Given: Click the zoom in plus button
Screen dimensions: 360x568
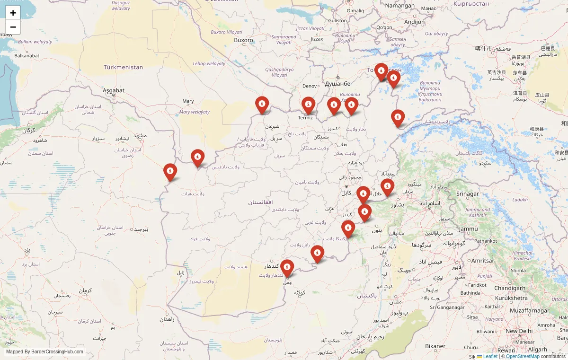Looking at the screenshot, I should pos(13,13).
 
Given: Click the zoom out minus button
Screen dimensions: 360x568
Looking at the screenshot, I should pos(13,27).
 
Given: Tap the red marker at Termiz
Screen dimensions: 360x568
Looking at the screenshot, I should pos(308,105).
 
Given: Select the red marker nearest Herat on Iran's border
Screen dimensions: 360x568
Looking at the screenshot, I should pos(170,172).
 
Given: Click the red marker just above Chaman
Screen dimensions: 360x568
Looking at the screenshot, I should pos(287,268).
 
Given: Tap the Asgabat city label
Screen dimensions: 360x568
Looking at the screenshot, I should pos(114,90).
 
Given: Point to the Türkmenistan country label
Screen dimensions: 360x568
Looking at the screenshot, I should pos(123,67).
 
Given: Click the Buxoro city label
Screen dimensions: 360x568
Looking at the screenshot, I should pos(244,40).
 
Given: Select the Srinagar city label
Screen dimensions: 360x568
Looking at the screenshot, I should pos(467,194).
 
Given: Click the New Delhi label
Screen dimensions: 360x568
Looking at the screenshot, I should pos(519,331).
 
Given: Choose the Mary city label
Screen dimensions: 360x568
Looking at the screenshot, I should pos(188,101).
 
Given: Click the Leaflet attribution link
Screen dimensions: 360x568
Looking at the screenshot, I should pos(490,356).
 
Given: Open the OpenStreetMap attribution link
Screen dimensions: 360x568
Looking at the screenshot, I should pos(523,356).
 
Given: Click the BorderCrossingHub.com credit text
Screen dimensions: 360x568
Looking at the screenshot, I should pos(44,351).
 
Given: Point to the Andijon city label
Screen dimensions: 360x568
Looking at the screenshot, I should pos(414,22).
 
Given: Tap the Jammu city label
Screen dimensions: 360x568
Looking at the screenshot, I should pos(468,229).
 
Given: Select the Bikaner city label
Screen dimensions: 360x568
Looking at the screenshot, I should pos(435,346).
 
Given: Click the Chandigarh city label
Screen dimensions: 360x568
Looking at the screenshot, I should pos(509,288).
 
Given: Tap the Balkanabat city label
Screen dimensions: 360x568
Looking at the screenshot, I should pos(27,56).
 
